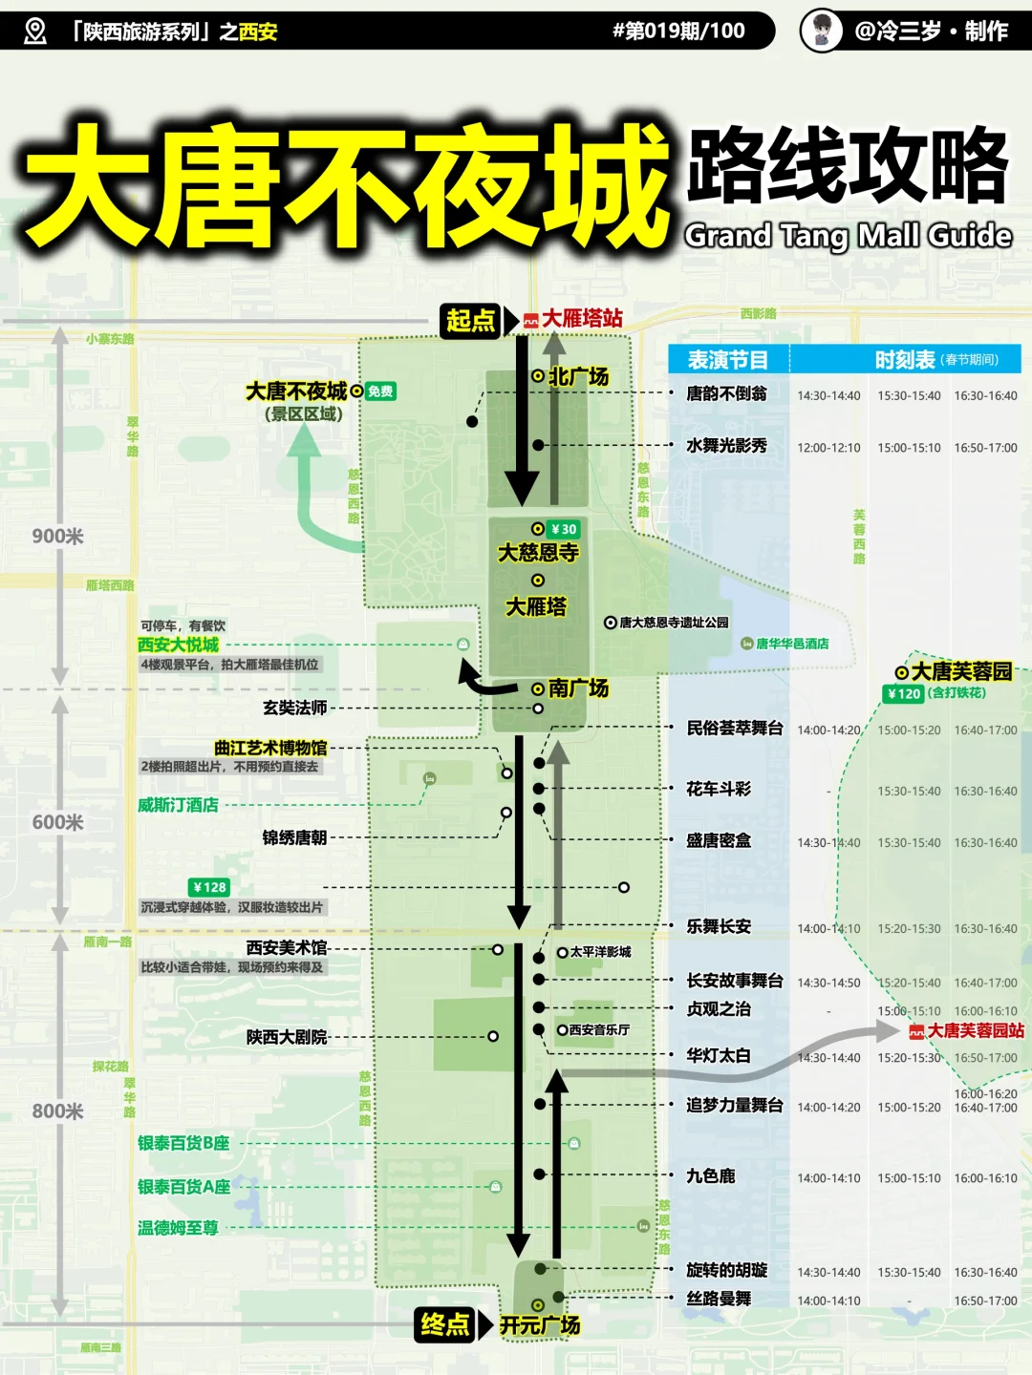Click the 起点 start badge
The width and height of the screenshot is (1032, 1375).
click(x=471, y=320)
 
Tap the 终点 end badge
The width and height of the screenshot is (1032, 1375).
click(x=444, y=1324)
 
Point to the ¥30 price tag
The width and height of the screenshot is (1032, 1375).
click(x=564, y=529)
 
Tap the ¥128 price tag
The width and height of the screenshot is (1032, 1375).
click(x=209, y=887)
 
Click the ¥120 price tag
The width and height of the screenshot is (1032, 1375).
click(x=903, y=694)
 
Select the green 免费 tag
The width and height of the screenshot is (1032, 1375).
click(x=380, y=391)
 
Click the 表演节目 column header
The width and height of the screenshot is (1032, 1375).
click(x=728, y=360)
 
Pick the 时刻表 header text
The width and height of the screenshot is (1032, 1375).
click(x=905, y=360)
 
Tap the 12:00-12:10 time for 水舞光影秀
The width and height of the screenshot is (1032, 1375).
click(x=828, y=448)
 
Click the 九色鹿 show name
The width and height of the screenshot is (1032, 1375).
click(x=711, y=1176)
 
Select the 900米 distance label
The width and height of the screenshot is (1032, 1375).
click(x=57, y=537)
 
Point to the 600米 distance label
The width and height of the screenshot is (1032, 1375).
click(x=57, y=823)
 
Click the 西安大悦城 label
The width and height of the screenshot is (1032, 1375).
click(x=178, y=645)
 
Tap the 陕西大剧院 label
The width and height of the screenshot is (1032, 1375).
click(x=287, y=1037)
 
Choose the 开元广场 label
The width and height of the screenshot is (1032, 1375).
click(x=540, y=1325)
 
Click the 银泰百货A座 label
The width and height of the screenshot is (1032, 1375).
click(x=183, y=1187)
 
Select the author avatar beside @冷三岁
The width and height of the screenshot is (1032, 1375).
click(x=821, y=31)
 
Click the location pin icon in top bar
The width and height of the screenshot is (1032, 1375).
click(x=35, y=32)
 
